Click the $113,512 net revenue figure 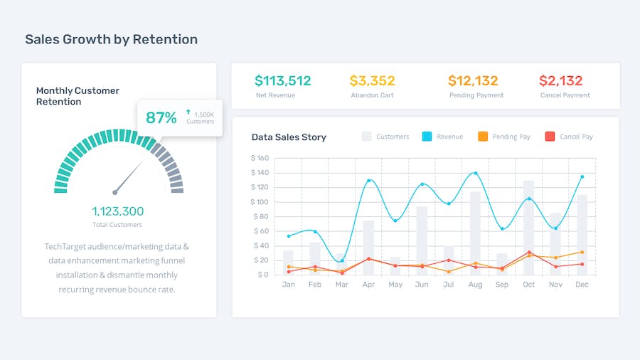click(x=283, y=81)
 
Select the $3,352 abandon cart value click(x=372, y=81)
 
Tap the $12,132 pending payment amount click(x=473, y=81)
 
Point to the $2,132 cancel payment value click(x=560, y=81)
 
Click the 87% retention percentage click(x=161, y=118)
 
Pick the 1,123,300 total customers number click(x=117, y=211)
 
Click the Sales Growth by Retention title click(x=111, y=39)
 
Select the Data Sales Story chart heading click(x=289, y=137)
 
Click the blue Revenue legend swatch click(x=427, y=137)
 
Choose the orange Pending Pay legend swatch click(x=483, y=137)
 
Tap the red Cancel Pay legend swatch click(x=550, y=137)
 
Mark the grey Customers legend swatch click(x=367, y=137)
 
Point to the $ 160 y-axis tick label click(x=260, y=159)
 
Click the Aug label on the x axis click(x=475, y=285)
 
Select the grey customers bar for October click(x=528, y=228)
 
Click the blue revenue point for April click(x=368, y=181)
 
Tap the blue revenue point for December click(x=582, y=176)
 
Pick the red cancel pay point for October click(x=528, y=252)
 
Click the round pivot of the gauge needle click(x=114, y=192)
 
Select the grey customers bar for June click(x=422, y=240)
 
